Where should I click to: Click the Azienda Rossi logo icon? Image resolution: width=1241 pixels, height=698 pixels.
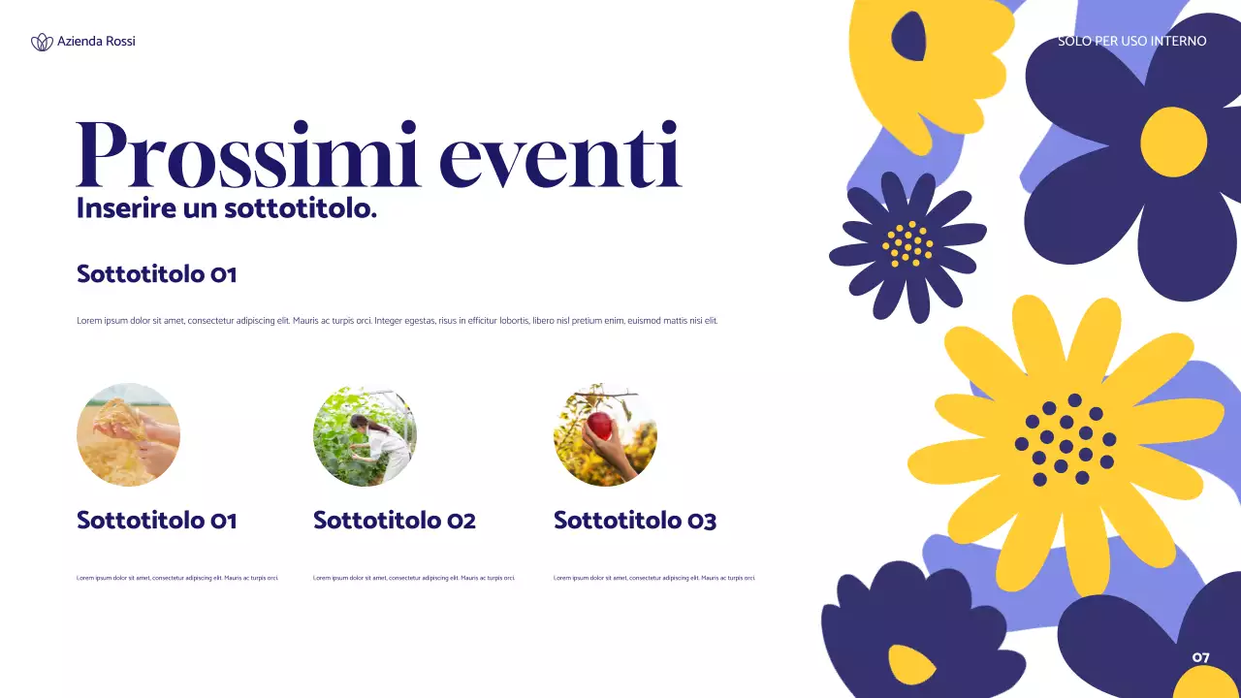point(42,42)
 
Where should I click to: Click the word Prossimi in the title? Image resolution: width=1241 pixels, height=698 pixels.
point(247,155)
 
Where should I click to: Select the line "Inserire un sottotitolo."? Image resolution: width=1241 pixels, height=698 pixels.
point(226,207)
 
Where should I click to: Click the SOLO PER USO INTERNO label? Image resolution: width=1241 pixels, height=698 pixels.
point(1131,42)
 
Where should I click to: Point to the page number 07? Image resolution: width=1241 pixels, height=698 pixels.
point(1200,657)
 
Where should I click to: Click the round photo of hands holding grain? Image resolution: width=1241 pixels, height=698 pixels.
point(128,434)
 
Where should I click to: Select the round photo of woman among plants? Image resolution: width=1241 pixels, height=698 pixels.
point(365,434)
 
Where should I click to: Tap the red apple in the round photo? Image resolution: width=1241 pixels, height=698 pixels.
point(601,425)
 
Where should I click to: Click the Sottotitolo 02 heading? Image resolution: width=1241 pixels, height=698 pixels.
point(394,521)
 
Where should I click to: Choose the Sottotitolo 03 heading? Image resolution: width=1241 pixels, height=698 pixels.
point(634,521)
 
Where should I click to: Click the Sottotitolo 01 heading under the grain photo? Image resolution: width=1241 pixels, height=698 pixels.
point(156,521)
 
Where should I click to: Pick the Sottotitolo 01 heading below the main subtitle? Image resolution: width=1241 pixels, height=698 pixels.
point(156,274)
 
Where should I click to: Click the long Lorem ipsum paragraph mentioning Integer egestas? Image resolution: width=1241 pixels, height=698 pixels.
point(397,321)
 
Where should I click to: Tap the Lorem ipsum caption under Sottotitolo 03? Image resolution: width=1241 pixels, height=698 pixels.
point(653,578)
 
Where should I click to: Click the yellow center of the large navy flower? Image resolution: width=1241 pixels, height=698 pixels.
point(1173,143)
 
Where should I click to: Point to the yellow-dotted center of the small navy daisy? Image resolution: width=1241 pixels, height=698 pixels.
point(907,243)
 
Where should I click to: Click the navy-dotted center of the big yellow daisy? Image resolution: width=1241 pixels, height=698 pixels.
point(1065,439)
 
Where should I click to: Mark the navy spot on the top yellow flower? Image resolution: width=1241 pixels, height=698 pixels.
point(908,37)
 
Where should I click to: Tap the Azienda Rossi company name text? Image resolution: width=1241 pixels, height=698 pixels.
point(96,42)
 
